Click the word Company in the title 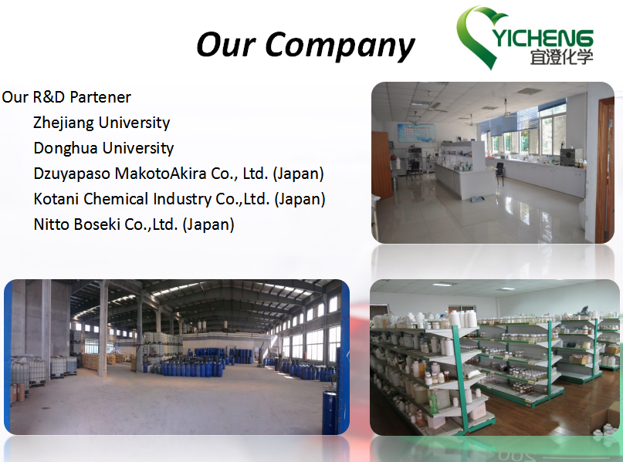(x=340, y=47)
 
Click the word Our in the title (x=226, y=45)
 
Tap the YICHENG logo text (x=543, y=39)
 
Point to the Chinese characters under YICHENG (x=561, y=57)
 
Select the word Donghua (x=63, y=148)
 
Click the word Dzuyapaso (x=72, y=174)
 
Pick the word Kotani (x=56, y=199)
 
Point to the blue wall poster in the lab (x=416, y=133)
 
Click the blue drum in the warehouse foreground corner (x=330, y=413)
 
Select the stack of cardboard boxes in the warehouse (x=90, y=361)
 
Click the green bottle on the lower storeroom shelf (x=433, y=402)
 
